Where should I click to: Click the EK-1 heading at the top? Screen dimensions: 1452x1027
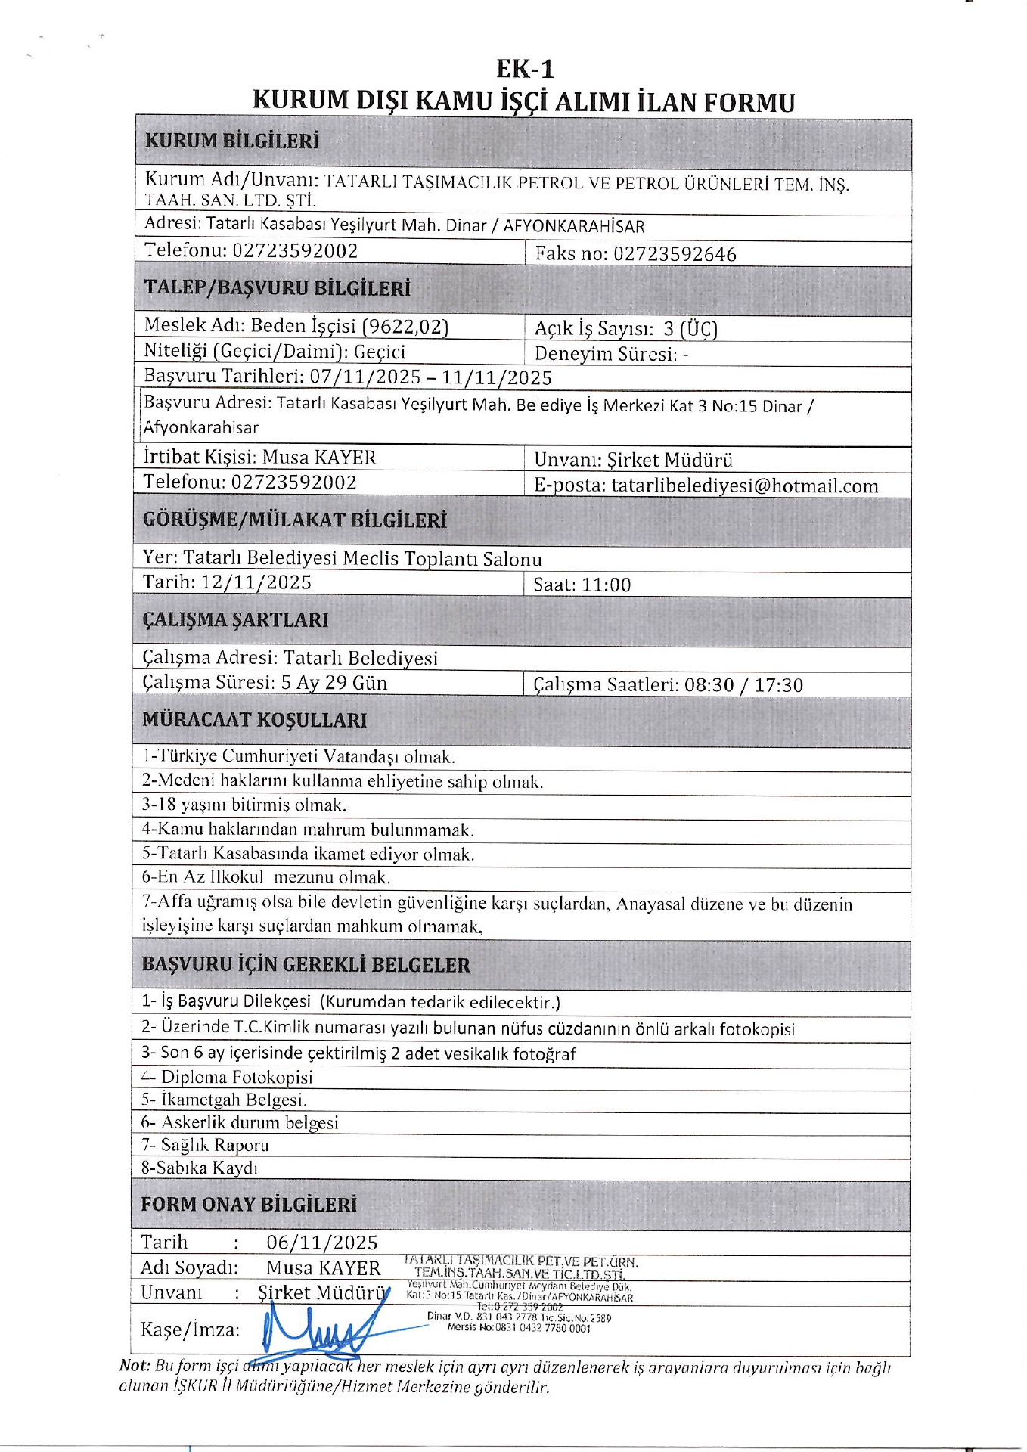coord(525,70)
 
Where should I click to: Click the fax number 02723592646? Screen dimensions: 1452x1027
coord(675,254)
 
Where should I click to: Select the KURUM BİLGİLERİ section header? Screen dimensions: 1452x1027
coord(232,141)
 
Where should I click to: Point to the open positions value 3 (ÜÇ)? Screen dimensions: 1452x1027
coord(690,329)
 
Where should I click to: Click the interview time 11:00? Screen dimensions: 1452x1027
coord(606,585)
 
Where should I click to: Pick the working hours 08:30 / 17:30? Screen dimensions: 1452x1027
coord(743,685)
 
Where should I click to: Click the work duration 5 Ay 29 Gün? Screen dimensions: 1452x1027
coord(334,683)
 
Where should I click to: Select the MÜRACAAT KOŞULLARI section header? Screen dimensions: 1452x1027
coord(255,720)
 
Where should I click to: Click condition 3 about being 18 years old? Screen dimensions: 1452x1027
coord(244,805)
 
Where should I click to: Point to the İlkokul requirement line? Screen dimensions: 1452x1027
coord(266,878)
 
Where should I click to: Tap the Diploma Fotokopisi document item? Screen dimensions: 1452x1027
coord(227,1077)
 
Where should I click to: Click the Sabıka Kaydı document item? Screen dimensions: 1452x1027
coord(200,1168)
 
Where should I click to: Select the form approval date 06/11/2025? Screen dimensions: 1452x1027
coord(322,1243)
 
